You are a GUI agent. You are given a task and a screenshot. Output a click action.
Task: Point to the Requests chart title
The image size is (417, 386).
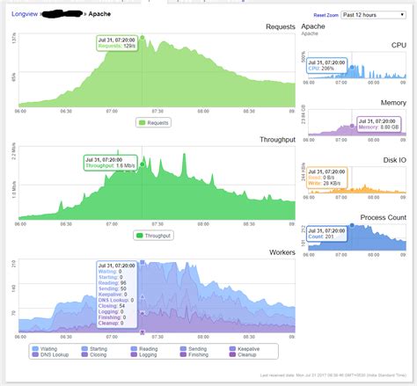point(277,27)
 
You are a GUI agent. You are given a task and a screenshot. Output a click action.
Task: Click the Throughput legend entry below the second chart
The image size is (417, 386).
point(153,236)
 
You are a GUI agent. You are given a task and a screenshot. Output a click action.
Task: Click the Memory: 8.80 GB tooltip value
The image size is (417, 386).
point(379,127)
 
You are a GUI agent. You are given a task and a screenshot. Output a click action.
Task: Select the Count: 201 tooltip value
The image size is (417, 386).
point(324,236)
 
